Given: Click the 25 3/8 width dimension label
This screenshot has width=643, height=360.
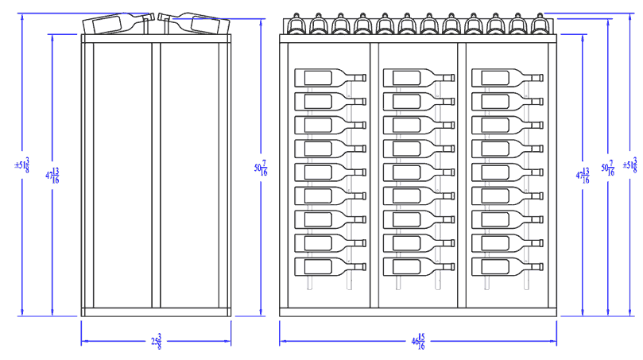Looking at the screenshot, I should [x=157, y=343].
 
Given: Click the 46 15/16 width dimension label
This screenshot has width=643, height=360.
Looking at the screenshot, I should [x=416, y=343].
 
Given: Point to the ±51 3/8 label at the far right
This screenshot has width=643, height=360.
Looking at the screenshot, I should [x=629, y=165].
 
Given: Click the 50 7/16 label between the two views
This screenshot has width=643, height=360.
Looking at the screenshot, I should [x=261, y=168].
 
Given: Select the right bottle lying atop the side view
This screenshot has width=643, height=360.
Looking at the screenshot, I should [x=193, y=23].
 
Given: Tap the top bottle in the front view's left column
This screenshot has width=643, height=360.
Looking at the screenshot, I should [x=330, y=77].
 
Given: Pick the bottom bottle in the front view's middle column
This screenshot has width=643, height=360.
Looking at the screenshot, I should [x=418, y=267].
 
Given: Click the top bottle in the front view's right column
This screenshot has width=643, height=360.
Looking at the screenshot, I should [x=506, y=77].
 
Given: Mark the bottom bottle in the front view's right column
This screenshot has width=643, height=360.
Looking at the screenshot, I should [x=506, y=267].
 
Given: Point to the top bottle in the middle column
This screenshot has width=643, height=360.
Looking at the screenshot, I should [x=418, y=77].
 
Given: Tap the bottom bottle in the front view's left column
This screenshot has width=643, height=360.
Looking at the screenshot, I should [x=330, y=267].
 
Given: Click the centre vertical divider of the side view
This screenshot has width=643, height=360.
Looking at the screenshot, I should [x=157, y=175].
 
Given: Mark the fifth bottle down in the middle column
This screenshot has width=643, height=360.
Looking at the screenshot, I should [x=418, y=172].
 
